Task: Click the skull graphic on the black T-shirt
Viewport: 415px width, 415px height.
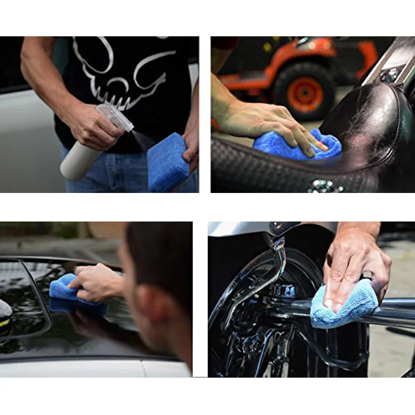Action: tap(125, 67)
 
